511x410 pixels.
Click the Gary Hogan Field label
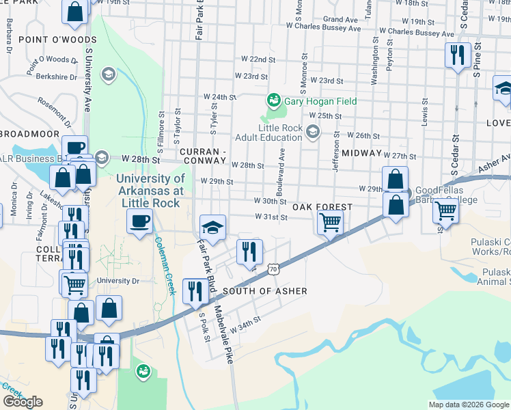point(320,101)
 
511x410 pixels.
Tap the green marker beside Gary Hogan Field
point(274,100)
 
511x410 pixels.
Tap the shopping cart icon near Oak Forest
point(330,221)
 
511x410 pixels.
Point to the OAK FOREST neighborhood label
point(322,207)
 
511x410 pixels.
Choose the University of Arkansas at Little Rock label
point(150,191)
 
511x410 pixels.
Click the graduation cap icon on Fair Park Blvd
point(212,227)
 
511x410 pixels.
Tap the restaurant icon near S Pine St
point(456,54)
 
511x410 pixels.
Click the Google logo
point(23,402)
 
